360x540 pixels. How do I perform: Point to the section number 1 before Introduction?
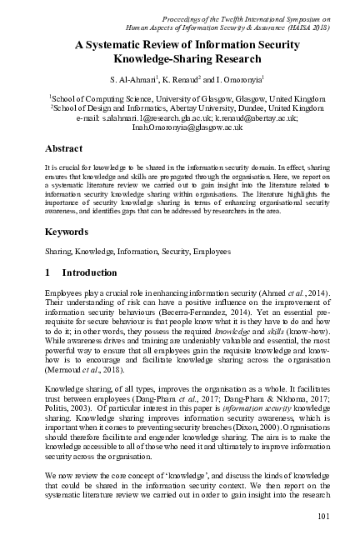point(47,272)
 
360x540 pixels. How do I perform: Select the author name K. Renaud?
point(177,78)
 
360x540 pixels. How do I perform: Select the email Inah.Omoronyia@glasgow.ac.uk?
point(185,127)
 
